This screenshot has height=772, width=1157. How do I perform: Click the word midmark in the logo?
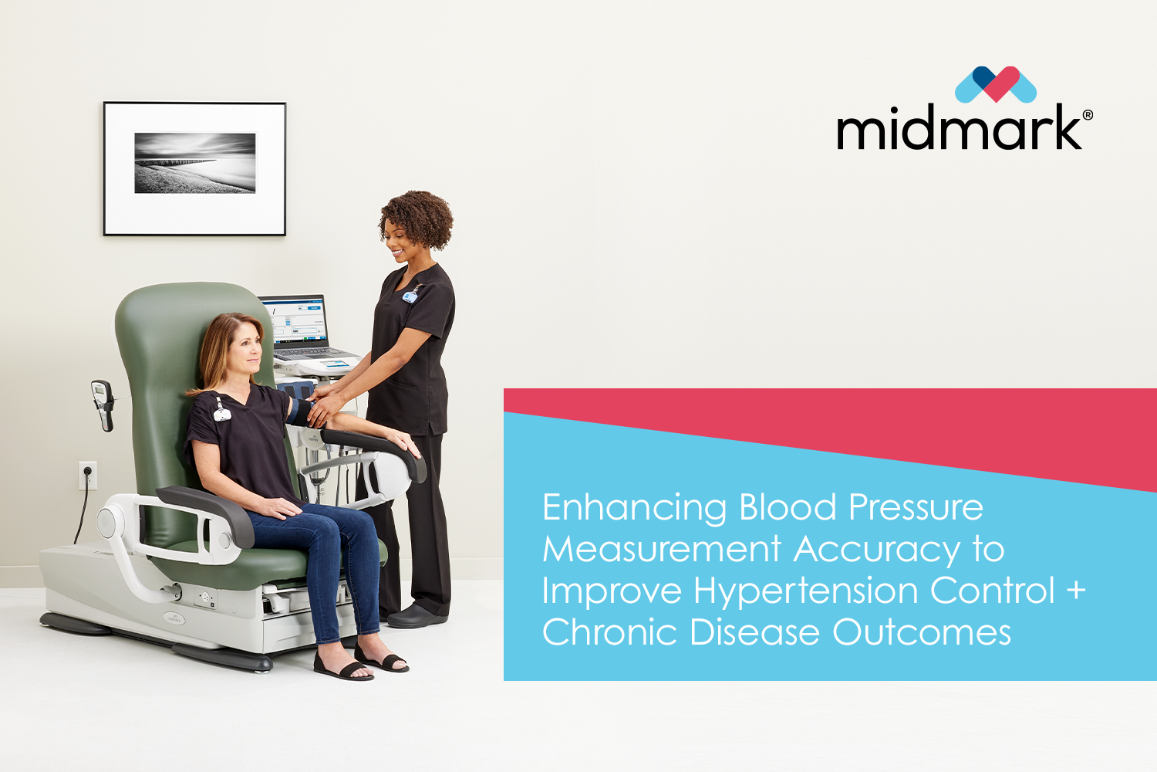click(960, 127)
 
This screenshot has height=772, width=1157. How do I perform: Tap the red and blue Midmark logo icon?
click(995, 84)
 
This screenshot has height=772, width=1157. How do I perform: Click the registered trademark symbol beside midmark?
click(1088, 115)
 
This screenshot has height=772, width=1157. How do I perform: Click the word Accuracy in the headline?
click(877, 550)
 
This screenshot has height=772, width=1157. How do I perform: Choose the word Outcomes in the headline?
click(922, 631)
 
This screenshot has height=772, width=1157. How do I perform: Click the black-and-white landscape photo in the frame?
click(195, 163)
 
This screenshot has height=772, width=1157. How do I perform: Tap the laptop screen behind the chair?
click(295, 320)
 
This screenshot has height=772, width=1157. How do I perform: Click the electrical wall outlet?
click(87, 476)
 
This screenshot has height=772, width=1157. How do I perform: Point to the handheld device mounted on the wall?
click(103, 405)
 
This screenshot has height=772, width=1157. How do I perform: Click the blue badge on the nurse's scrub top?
click(410, 296)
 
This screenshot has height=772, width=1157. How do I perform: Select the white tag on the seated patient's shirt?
click(221, 412)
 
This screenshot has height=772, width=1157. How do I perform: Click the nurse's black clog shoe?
click(417, 618)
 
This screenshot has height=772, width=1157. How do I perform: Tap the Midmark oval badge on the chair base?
click(174, 618)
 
